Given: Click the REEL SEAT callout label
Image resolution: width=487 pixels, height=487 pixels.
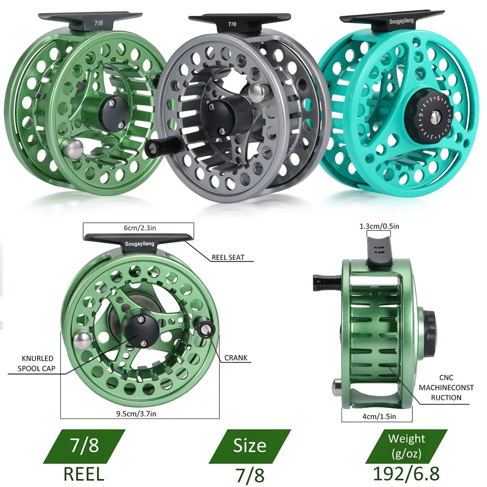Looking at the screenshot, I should [x=228, y=257].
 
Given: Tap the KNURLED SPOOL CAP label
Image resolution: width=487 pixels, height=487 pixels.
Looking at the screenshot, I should [x=36, y=364].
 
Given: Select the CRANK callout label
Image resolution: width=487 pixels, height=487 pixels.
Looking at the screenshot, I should [x=236, y=358].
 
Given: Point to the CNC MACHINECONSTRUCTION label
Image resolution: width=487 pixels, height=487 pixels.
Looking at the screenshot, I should [x=446, y=388].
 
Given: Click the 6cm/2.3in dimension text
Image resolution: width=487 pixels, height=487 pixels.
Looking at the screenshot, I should [x=140, y=228].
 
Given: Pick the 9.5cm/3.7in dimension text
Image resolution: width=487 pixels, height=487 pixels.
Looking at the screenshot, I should [x=136, y=414].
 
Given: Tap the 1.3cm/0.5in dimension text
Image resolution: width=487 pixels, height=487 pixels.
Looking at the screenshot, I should [x=379, y=226].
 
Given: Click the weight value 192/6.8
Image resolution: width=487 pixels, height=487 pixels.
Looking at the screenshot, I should [x=406, y=474].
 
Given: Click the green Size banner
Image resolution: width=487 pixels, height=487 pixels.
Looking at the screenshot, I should [x=250, y=446].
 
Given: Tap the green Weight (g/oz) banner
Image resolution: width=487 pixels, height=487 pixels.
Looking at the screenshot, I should [x=406, y=446].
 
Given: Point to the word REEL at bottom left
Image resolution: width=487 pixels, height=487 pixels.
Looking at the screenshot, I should [x=84, y=474].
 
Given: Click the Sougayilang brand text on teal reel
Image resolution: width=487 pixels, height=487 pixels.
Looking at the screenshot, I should [x=401, y=21].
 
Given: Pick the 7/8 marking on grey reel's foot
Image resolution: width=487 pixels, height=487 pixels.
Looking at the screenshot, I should [x=232, y=24].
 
